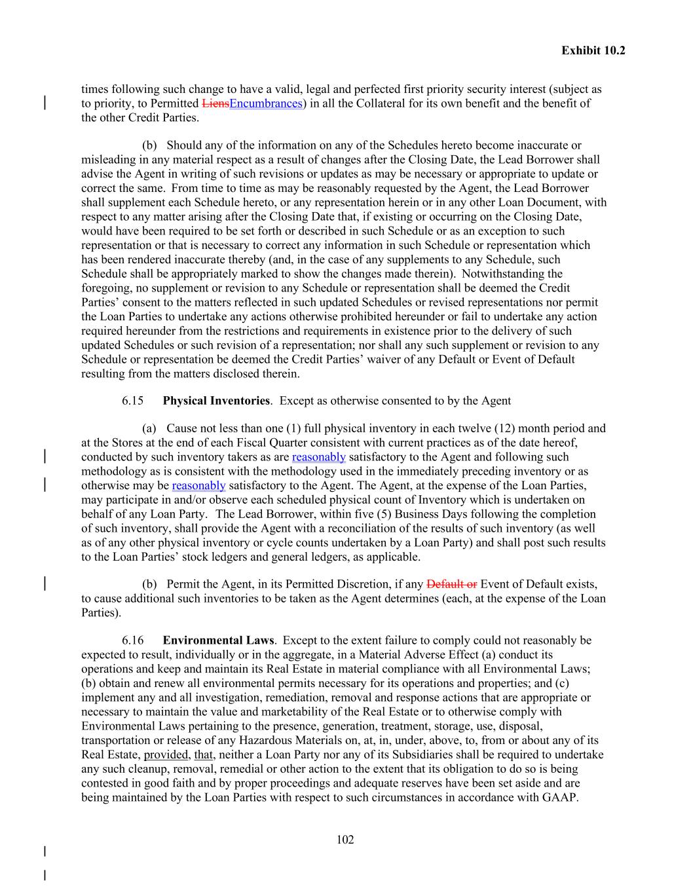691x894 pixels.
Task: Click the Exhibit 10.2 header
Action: pos(593,50)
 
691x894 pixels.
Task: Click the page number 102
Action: pos(345,840)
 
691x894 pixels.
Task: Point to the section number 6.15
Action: pos(132,400)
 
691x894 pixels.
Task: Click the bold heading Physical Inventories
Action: pos(216,400)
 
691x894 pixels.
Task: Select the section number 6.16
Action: pos(132,640)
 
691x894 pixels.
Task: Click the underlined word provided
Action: pos(166,754)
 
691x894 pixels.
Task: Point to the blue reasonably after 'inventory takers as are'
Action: pos(318,457)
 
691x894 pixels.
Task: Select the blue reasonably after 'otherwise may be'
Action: pos(198,485)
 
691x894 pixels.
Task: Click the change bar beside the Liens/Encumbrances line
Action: pos(45,103)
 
